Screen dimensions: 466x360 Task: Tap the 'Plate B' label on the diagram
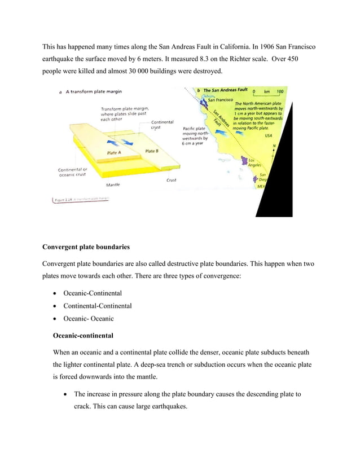(152, 151)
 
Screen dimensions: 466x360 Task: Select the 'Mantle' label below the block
(113, 184)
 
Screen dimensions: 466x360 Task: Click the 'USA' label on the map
(268, 135)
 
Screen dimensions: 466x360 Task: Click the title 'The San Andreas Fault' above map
(225, 90)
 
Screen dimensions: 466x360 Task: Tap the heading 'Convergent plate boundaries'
(86, 247)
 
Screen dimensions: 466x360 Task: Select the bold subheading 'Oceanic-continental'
(83, 335)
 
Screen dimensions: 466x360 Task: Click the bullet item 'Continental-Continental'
(97, 306)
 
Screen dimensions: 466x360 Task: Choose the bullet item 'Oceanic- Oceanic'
(88, 319)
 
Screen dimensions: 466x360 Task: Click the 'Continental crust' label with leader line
(163, 125)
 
